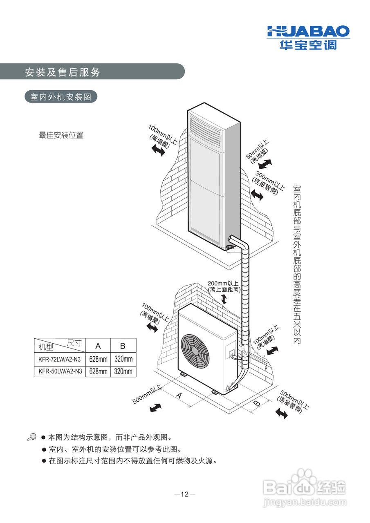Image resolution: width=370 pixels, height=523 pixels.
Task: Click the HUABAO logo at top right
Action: pyautogui.click(x=308, y=37)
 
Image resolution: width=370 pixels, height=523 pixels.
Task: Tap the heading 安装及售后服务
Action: pyautogui.click(x=62, y=72)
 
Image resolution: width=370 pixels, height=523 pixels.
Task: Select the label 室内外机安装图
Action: pyautogui.click(x=61, y=97)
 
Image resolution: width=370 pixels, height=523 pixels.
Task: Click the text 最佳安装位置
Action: pyautogui.click(x=61, y=135)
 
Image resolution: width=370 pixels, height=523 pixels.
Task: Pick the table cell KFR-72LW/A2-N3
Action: pyautogui.click(x=60, y=359)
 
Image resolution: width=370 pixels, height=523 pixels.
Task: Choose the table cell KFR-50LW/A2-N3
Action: pyautogui.click(x=60, y=371)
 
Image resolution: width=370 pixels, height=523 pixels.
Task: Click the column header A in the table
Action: pyautogui.click(x=98, y=346)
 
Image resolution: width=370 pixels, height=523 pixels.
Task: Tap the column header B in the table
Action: pyautogui.click(x=123, y=346)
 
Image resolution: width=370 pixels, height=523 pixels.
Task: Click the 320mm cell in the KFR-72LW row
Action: pyautogui.click(x=123, y=359)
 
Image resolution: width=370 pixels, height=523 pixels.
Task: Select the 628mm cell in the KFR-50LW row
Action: pyautogui.click(x=98, y=371)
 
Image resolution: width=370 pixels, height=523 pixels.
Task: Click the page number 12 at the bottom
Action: pyautogui.click(x=185, y=494)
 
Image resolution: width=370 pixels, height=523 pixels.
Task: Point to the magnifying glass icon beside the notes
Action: pyautogui.click(x=31, y=437)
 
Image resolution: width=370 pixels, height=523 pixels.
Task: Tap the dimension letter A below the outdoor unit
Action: pyautogui.click(x=179, y=395)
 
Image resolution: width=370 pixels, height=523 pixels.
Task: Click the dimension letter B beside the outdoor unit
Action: pyautogui.click(x=256, y=403)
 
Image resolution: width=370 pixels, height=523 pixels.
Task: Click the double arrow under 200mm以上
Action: pyautogui.click(x=224, y=299)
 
